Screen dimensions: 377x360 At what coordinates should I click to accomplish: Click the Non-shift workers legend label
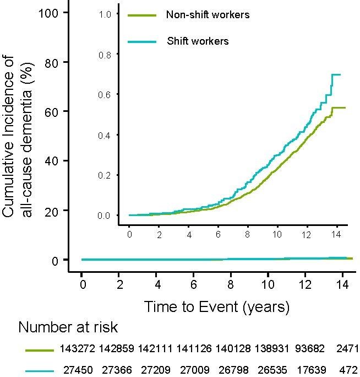tap(208, 15)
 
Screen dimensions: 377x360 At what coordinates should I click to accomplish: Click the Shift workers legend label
tap(198, 41)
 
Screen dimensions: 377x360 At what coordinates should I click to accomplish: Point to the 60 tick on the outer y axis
tap(53, 111)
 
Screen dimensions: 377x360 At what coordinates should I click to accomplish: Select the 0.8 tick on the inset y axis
tap(105, 55)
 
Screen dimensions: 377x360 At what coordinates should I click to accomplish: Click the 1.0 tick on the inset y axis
tap(105, 14)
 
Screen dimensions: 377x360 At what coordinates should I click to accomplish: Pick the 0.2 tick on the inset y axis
tap(105, 175)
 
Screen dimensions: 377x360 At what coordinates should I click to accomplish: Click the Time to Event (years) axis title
tap(217, 306)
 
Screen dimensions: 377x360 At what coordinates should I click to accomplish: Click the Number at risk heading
tap(68, 328)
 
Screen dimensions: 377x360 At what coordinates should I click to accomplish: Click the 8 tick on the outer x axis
tap(231, 287)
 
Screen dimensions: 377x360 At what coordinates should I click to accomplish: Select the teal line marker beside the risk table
tap(39, 369)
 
